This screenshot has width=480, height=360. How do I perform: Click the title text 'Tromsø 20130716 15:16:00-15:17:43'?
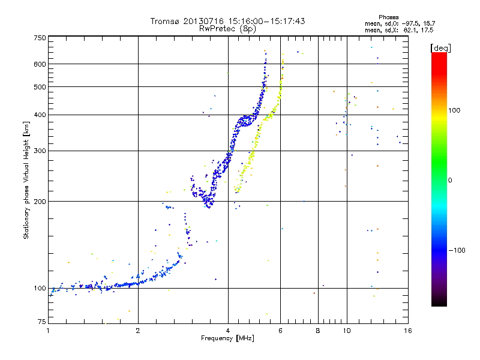(227, 21)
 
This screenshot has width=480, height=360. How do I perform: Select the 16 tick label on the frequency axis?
(407, 331)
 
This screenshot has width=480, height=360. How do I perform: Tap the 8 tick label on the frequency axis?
(318, 331)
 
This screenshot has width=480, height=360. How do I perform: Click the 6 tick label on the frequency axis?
(281, 331)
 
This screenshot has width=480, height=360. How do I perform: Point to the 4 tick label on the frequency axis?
(228, 331)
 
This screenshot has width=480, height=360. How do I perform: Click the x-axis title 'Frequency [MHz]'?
(227, 338)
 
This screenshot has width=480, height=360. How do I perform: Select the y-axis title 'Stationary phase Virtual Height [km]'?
(26, 180)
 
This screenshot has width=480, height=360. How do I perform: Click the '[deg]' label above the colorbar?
(440, 47)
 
